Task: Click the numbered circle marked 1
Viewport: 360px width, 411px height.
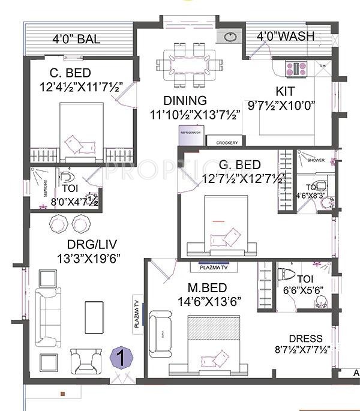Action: [122, 358]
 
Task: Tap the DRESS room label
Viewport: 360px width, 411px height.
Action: [304, 338]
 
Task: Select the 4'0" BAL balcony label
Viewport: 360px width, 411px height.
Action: [76, 40]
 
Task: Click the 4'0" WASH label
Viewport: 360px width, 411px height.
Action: [286, 37]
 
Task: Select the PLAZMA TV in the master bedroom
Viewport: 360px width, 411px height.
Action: [214, 263]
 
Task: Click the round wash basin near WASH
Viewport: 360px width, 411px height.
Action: [231, 37]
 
